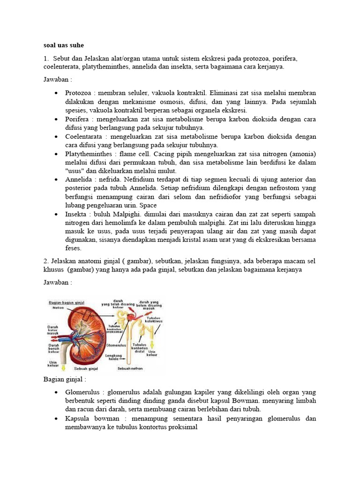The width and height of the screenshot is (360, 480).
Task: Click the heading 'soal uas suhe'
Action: coord(63,45)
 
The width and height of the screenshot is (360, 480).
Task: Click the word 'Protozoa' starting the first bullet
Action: coord(78,93)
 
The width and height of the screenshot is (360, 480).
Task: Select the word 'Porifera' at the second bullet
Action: coord(77,120)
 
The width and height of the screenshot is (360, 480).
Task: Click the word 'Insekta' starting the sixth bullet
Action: coord(76,214)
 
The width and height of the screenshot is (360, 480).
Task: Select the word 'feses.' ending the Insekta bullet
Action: coord(74,248)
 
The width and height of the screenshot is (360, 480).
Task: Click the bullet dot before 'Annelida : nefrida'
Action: coord(56,180)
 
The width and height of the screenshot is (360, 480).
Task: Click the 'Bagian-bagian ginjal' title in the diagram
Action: coord(67,303)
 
